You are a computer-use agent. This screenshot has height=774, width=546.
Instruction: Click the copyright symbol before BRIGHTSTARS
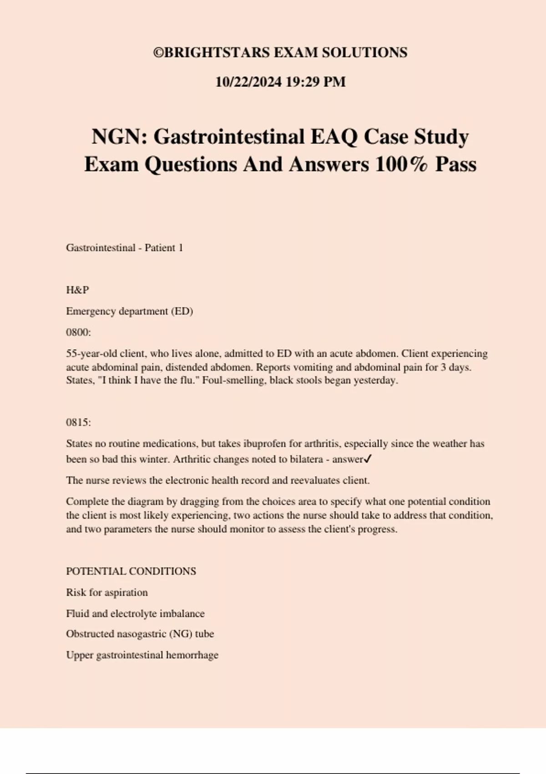pos(158,53)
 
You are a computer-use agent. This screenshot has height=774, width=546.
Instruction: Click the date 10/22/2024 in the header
pos(248,82)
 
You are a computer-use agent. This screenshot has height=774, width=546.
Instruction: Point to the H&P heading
pos(77,290)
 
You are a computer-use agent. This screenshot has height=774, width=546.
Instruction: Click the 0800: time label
pos(78,332)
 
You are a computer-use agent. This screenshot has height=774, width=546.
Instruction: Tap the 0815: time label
pos(78,423)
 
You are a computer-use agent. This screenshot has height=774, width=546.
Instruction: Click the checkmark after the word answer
pos(368,459)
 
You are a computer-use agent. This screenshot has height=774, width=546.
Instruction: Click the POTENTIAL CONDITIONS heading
pos(131,571)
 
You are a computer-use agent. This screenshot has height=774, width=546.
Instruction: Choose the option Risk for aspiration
pos(106,593)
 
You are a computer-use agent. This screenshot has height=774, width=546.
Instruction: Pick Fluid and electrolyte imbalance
pos(135,614)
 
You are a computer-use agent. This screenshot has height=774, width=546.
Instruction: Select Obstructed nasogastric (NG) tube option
pos(140,634)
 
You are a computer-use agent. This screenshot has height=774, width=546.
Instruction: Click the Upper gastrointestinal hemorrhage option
pos(142,655)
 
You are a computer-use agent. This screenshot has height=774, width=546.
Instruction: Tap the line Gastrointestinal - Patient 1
pos(124,248)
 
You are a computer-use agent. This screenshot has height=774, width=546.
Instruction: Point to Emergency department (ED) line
pos(129,311)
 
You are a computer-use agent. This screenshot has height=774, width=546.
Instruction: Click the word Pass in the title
pos(455,164)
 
